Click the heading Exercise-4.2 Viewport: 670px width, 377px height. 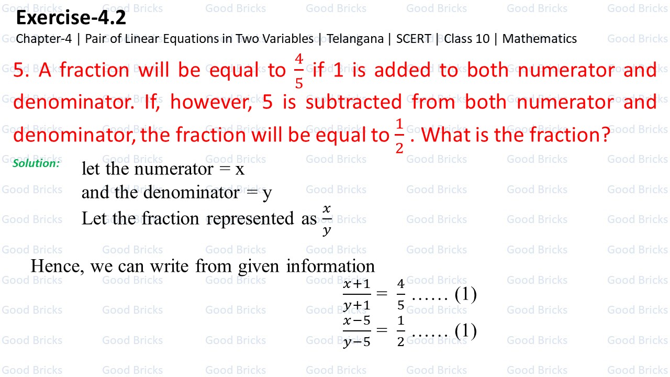71,19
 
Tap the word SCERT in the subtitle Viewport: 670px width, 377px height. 414,39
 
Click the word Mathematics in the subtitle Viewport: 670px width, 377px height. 539,39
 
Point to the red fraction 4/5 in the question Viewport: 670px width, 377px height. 298,71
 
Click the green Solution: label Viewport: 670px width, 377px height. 36,163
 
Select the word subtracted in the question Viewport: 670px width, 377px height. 354,103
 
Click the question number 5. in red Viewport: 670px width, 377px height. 21,71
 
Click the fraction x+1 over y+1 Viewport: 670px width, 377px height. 356,295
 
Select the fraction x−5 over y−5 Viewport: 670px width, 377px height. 356,331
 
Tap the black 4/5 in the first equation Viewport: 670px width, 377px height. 400,295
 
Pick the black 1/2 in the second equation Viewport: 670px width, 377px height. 400,331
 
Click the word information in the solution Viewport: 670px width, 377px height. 330,266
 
